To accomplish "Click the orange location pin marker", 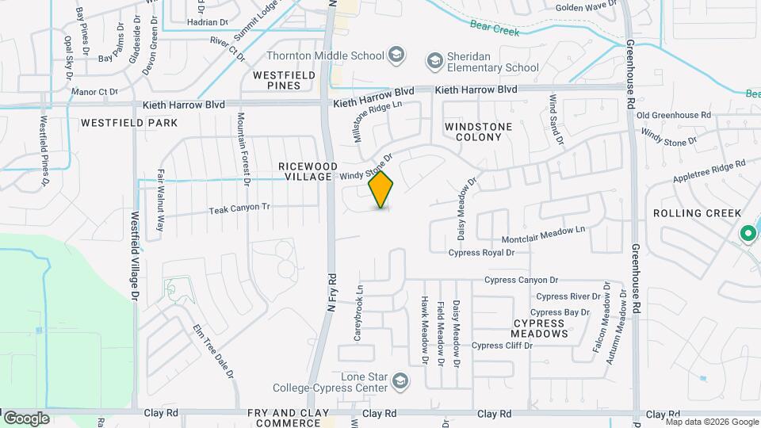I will (381, 189).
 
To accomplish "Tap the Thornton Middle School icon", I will (397, 55).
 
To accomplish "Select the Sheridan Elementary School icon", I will (434, 60).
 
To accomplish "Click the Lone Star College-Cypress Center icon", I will (400, 381).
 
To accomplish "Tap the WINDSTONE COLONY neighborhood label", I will (478, 132).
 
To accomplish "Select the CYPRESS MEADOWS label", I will (541, 328).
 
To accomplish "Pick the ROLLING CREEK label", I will (697, 213).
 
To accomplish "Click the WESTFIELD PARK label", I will (128, 123).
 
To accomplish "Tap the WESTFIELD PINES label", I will (284, 79).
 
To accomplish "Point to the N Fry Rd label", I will (331, 292).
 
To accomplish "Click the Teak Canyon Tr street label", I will (239, 208).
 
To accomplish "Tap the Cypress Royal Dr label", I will (481, 253).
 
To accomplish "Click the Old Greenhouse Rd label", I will (673, 116).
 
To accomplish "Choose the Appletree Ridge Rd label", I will (709, 171).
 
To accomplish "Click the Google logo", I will (25, 418).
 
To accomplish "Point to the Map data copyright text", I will (711, 422).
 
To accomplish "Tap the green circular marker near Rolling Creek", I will (747, 234).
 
